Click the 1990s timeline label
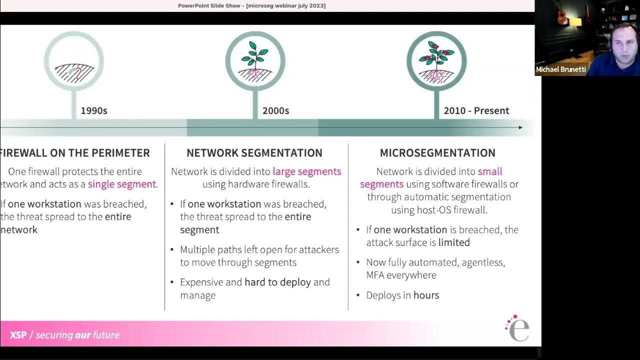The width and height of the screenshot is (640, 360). (94, 110)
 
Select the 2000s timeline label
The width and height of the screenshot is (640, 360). (275, 110)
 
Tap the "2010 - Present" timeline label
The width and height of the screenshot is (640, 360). (476, 110)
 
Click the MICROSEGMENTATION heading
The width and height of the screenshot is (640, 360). (437, 153)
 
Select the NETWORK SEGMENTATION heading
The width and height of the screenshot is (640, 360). (254, 153)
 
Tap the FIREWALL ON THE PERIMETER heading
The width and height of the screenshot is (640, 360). (75, 153)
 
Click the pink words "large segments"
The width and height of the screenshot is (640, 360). (306, 171)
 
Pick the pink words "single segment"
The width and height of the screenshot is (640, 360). (122, 184)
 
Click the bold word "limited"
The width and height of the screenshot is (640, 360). (454, 242)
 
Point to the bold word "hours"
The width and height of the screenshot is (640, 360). (426, 295)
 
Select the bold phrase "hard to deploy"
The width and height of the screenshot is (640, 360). (277, 282)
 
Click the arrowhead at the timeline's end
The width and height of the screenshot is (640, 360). (520, 127)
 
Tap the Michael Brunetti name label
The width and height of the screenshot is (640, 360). (560, 69)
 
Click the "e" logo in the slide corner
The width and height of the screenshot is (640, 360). (518, 329)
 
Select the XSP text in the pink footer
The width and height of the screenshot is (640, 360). (18, 335)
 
